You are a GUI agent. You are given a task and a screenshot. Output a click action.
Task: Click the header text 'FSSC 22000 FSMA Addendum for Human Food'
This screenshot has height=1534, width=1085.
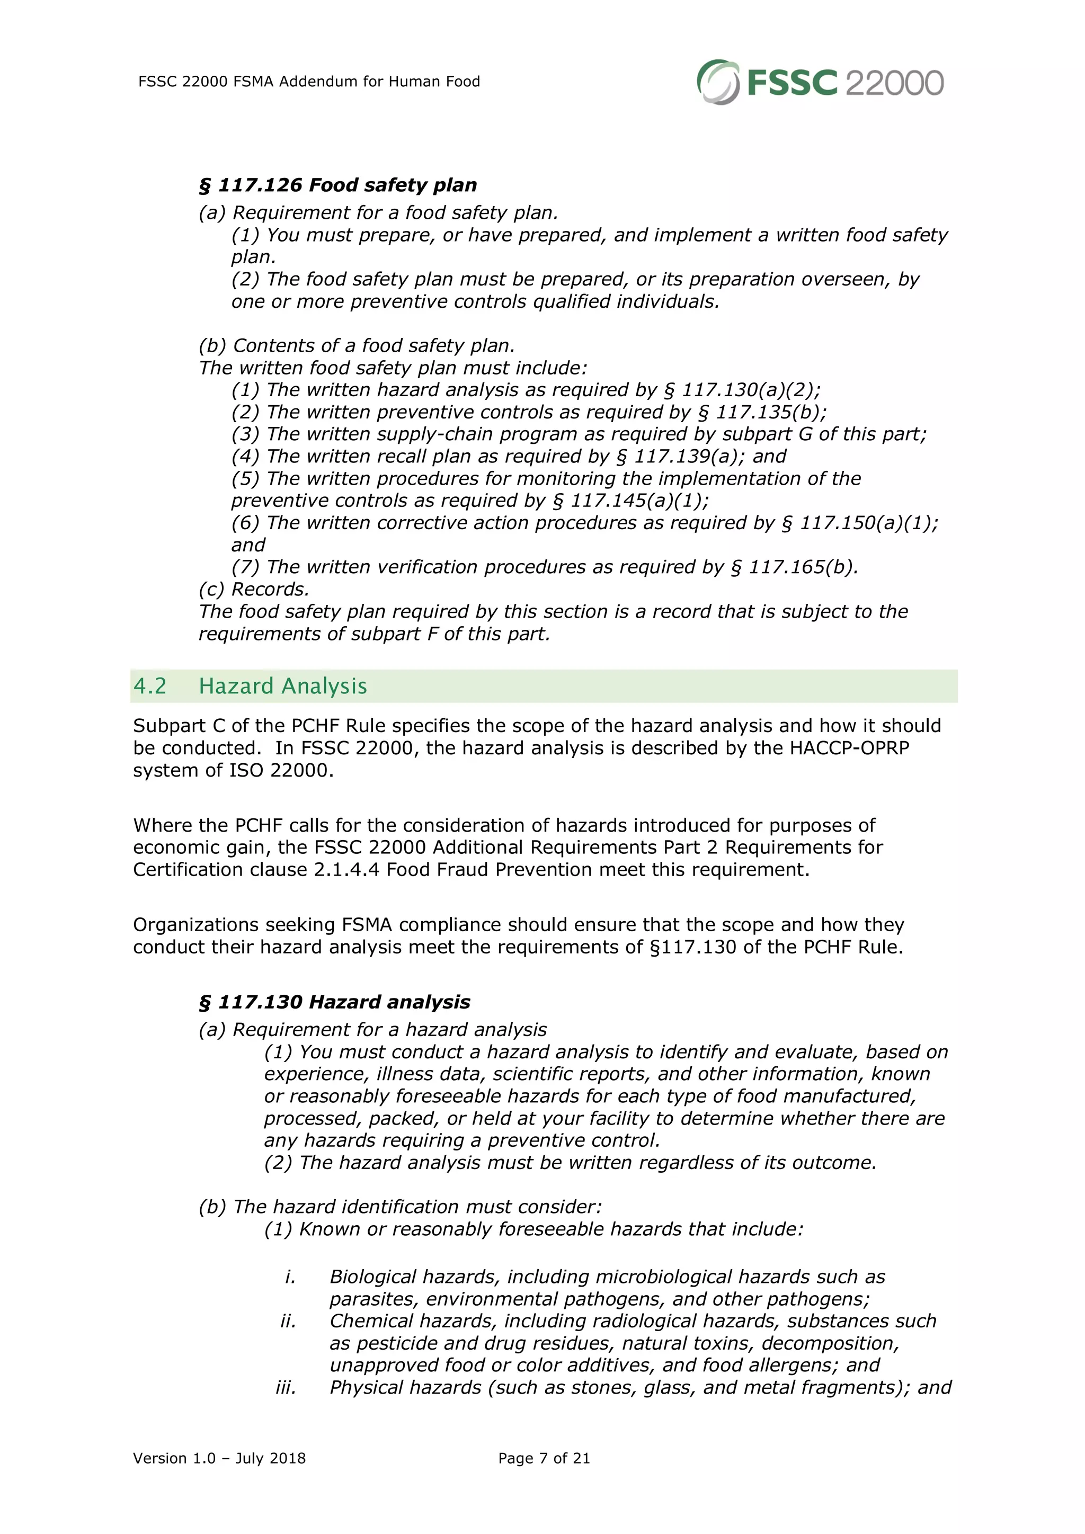(x=309, y=82)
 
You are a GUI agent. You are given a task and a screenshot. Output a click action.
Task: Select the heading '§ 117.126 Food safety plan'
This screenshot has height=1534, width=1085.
(x=338, y=185)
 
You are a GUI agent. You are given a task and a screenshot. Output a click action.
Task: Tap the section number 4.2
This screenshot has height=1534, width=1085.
(x=149, y=686)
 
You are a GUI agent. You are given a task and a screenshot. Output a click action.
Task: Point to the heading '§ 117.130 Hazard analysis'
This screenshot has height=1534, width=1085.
(x=335, y=1002)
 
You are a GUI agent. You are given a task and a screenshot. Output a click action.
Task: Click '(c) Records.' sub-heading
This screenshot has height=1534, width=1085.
(x=254, y=589)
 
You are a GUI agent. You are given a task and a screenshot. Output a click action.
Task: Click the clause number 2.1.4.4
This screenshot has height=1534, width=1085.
(x=346, y=870)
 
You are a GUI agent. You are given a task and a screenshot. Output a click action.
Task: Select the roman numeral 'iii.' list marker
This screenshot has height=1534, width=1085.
(x=286, y=1388)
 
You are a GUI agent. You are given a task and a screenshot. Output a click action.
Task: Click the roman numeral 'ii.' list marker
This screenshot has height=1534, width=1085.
(x=288, y=1321)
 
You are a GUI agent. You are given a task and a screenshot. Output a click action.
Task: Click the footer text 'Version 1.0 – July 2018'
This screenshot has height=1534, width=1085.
(x=219, y=1458)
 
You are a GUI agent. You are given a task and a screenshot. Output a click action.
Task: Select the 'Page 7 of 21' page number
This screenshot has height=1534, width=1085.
(x=544, y=1458)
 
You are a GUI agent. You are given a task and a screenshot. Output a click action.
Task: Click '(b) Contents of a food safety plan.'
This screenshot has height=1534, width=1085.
(x=357, y=346)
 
